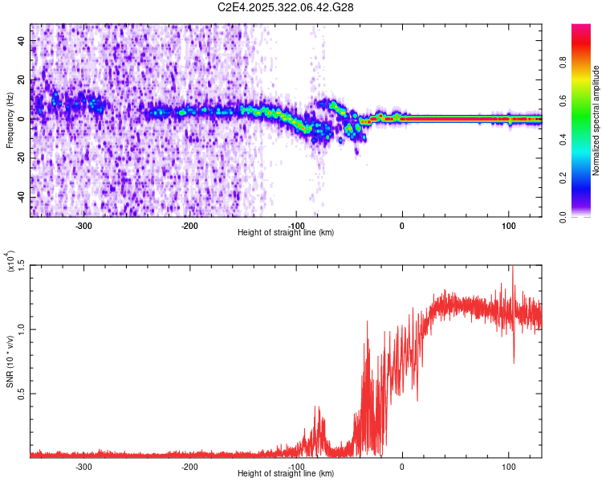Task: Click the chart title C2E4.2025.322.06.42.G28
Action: pyautogui.click(x=286, y=7)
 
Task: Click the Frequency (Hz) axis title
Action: pyautogui.click(x=10, y=120)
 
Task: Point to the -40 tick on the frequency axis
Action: pyautogui.click(x=20, y=198)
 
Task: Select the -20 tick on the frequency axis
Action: pyautogui.click(x=20, y=158)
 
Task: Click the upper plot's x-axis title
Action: pyautogui.click(x=286, y=232)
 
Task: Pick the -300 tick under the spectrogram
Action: pyautogui.click(x=83, y=225)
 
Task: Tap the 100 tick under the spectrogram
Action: pyautogui.click(x=508, y=225)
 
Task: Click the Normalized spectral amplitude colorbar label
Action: pyautogui.click(x=596, y=120)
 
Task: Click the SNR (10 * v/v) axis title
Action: pyautogui.click(x=10, y=361)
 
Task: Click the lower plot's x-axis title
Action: pyautogui.click(x=286, y=473)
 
